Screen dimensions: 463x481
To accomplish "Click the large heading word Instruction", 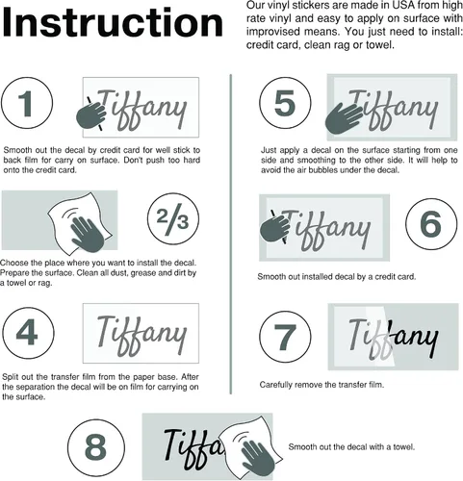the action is [x=113, y=22].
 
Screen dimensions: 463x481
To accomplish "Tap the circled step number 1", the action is [x=27, y=103].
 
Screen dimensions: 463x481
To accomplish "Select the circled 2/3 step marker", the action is [x=173, y=218].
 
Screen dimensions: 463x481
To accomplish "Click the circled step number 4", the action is [x=28, y=333].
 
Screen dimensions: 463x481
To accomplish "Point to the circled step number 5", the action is [x=285, y=103].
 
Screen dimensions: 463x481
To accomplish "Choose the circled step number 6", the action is [x=431, y=223].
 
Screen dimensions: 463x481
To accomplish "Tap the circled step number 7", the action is [x=285, y=337].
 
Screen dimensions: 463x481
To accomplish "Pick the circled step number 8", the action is [x=96, y=446].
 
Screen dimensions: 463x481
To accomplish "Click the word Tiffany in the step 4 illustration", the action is [x=141, y=335].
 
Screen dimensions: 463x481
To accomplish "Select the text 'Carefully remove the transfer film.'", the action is [x=322, y=385].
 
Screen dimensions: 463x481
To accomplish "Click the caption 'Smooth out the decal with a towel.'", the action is [x=351, y=446].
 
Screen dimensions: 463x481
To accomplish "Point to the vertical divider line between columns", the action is [x=231, y=234].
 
